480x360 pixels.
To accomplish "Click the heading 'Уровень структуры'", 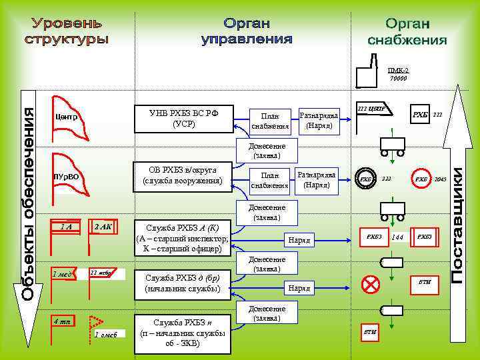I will coord(67,31).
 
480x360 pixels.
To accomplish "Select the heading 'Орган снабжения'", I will coord(407,33).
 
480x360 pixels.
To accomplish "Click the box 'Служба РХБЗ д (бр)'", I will coord(182,283).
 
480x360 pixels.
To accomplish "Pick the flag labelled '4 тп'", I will coord(63,322).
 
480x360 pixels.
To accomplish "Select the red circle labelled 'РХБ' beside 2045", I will coord(421,179).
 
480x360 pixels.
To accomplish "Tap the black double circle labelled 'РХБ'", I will coord(366,179).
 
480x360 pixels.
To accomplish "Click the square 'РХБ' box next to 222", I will coord(419,115).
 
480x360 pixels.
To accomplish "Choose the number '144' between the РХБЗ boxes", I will coord(398,237).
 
